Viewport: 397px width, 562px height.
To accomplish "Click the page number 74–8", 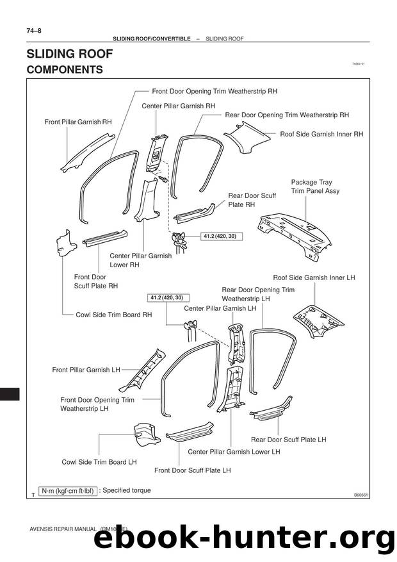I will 34,30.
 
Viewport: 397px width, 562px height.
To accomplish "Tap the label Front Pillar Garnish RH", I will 77,121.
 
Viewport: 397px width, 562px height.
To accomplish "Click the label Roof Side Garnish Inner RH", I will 321,135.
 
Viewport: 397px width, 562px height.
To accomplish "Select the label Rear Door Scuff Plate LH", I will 288,440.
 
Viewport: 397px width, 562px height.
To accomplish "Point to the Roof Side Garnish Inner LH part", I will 318,320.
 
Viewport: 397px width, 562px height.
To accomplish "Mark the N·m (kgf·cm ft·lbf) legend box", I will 67,492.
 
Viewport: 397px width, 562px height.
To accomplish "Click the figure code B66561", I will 362,495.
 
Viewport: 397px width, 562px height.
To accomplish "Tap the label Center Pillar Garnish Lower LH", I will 234,452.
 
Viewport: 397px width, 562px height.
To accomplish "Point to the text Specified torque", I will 126,491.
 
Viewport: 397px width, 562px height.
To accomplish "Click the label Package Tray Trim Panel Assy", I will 315,186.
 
